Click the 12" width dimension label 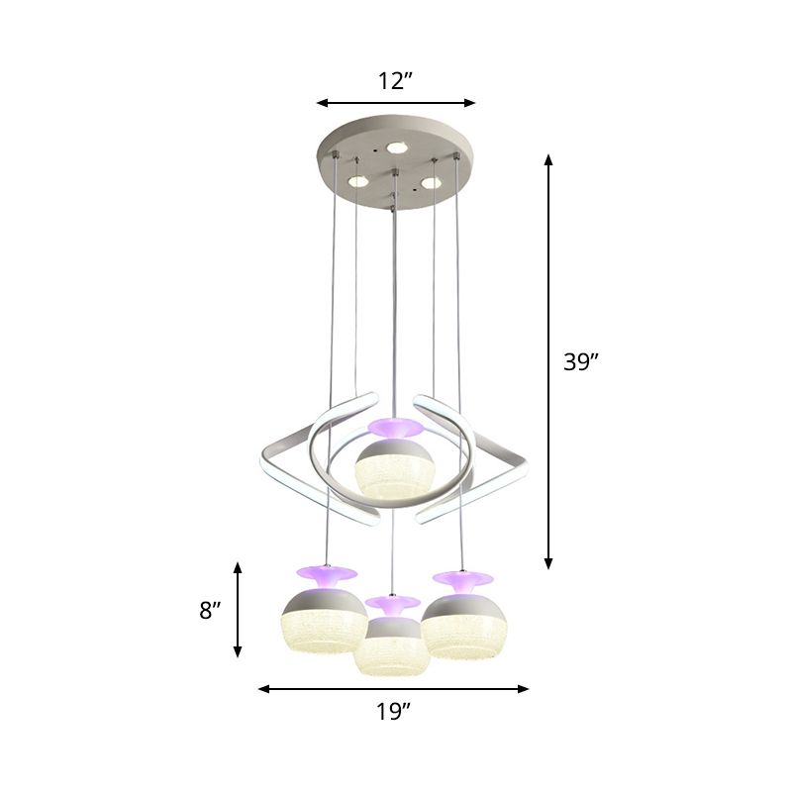point(395,81)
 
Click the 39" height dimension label point(582,362)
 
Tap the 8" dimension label point(208,611)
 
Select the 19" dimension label point(394,710)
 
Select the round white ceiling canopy point(394,168)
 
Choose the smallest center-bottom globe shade point(393,643)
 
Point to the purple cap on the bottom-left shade point(323,574)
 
